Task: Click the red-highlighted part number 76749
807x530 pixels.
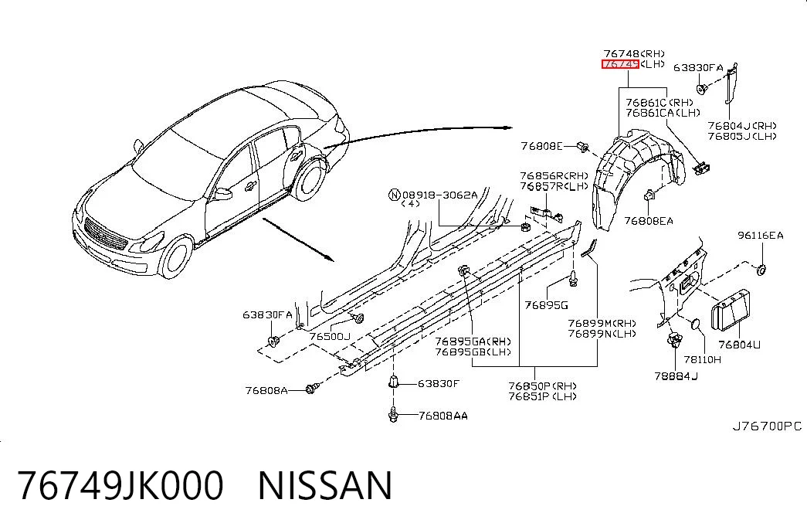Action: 620,64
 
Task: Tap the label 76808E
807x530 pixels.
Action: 541,146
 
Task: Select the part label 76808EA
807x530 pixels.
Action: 649,221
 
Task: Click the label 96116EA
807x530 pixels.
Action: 760,236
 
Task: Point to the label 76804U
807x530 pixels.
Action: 739,345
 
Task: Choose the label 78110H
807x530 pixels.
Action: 702,359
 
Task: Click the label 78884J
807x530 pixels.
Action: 676,376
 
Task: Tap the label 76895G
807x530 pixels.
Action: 546,305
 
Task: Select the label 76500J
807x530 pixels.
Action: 330,336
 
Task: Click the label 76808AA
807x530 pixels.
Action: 443,416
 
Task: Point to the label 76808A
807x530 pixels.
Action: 266,390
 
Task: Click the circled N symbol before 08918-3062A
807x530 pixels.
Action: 394,195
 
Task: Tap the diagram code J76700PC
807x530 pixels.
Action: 767,426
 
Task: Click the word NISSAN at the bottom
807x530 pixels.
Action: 325,486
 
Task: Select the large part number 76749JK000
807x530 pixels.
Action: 121,486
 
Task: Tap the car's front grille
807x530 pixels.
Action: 105,235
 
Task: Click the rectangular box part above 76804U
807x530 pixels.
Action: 730,311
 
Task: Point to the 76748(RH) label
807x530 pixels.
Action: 634,53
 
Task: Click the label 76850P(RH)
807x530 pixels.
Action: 542,386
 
